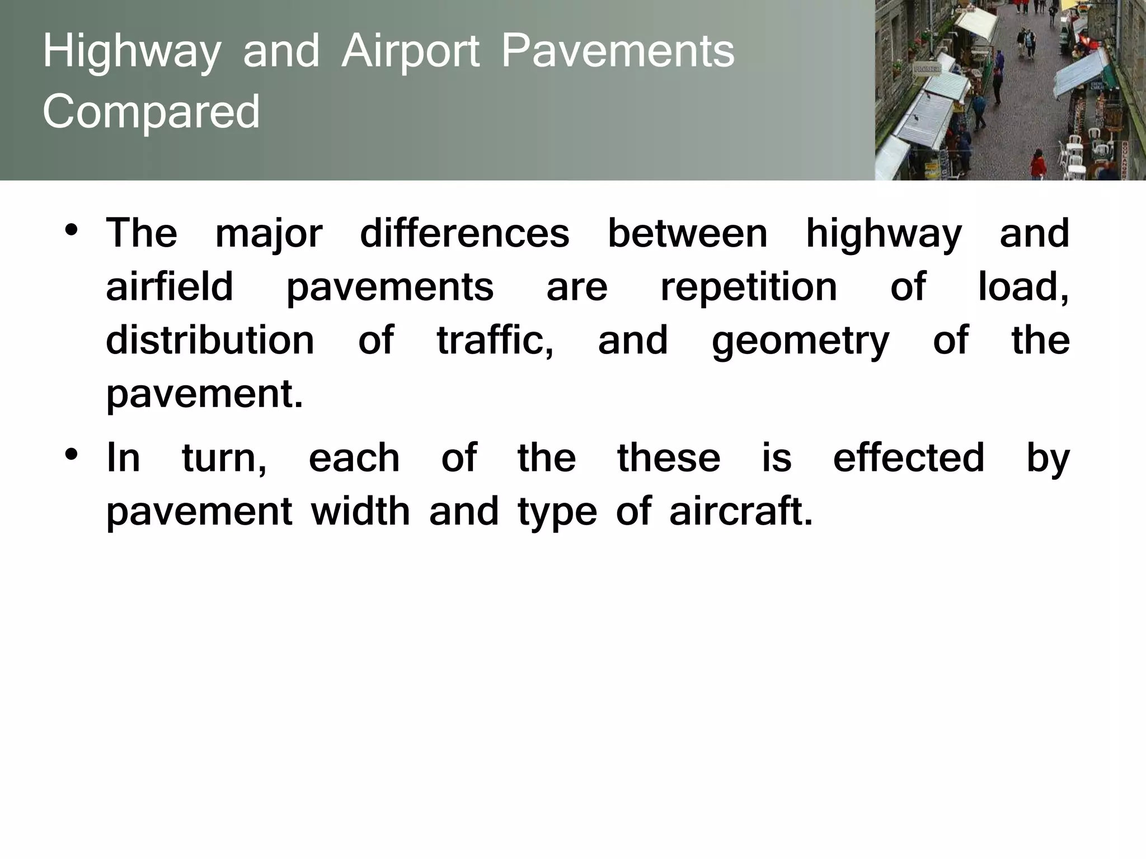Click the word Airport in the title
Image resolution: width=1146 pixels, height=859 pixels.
click(x=411, y=52)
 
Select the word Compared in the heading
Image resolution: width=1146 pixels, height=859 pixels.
click(x=151, y=111)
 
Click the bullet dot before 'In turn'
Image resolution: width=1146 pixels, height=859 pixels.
click(x=71, y=454)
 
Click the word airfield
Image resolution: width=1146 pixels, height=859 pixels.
click(x=170, y=286)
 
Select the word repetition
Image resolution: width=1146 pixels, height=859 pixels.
click(x=748, y=286)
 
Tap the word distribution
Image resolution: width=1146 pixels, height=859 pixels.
click(x=210, y=341)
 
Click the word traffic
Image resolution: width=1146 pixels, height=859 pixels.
click(x=494, y=340)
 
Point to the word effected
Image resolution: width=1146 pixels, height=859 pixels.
click(x=908, y=457)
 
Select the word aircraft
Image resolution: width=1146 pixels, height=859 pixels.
click(x=740, y=511)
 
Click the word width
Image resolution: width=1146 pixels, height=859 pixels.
click(x=360, y=511)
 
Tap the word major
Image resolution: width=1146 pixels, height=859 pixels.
click(x=269, y=234)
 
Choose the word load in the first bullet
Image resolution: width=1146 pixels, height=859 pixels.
click(x=1022, y=287)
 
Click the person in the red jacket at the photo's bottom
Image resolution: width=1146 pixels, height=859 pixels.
click(x=1038, y=165)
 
